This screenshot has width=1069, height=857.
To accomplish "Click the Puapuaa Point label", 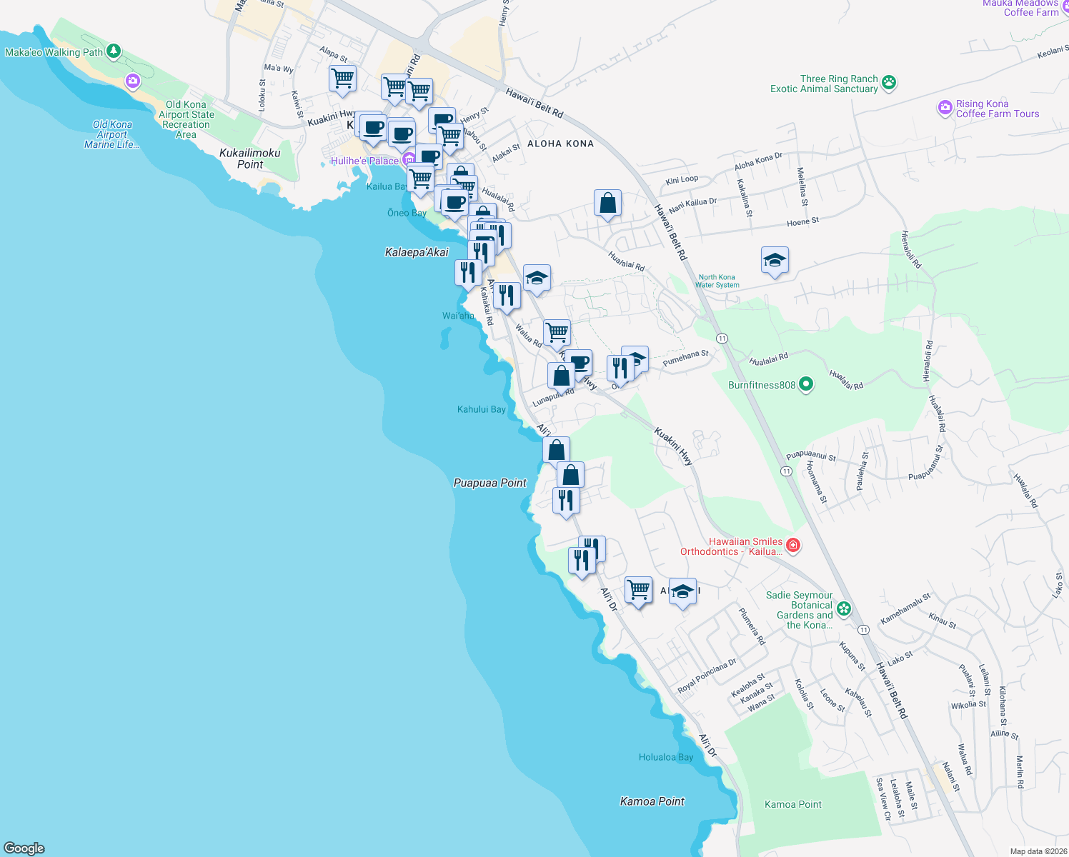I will coord(490,483).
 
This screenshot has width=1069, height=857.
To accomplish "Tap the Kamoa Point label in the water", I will coord(652,801).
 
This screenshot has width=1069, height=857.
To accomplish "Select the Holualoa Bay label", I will coord(665,757).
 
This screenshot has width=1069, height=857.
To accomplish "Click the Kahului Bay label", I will coord(481,409).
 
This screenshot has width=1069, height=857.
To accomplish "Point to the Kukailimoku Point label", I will coord(250,159).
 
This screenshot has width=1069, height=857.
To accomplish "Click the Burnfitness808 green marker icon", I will coord(806,385).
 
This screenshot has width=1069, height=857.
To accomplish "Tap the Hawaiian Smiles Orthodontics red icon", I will coord(792,546).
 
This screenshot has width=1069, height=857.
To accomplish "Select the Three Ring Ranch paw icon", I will coord(888,82).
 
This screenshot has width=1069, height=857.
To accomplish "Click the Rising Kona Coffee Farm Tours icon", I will coord(945,109).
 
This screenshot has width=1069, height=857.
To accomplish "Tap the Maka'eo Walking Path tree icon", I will coord(114,51).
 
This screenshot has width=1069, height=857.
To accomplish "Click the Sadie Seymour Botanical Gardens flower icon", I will coord(844,609).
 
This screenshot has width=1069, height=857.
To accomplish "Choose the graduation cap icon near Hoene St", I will coord(775,261).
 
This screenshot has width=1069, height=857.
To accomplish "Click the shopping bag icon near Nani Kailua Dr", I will coord(607,203).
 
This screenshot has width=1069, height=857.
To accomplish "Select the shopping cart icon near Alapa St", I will coord(343,78).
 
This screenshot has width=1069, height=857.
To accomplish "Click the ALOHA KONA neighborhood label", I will coord(560,144).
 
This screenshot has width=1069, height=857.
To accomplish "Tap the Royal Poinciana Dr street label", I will coord(706,676).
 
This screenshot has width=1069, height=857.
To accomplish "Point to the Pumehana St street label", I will coord(685,358).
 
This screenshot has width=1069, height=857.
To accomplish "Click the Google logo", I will coord(24,848).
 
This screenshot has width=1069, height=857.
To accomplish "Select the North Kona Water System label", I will coord(717,281).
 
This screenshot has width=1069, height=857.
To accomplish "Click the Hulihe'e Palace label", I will coord(364,161).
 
